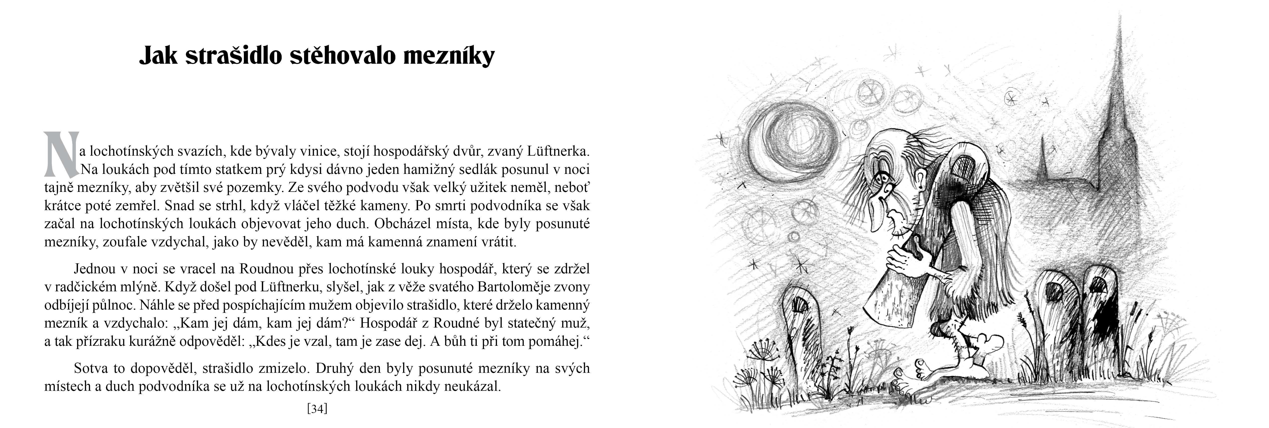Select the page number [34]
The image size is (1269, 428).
[x=317, y=408]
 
